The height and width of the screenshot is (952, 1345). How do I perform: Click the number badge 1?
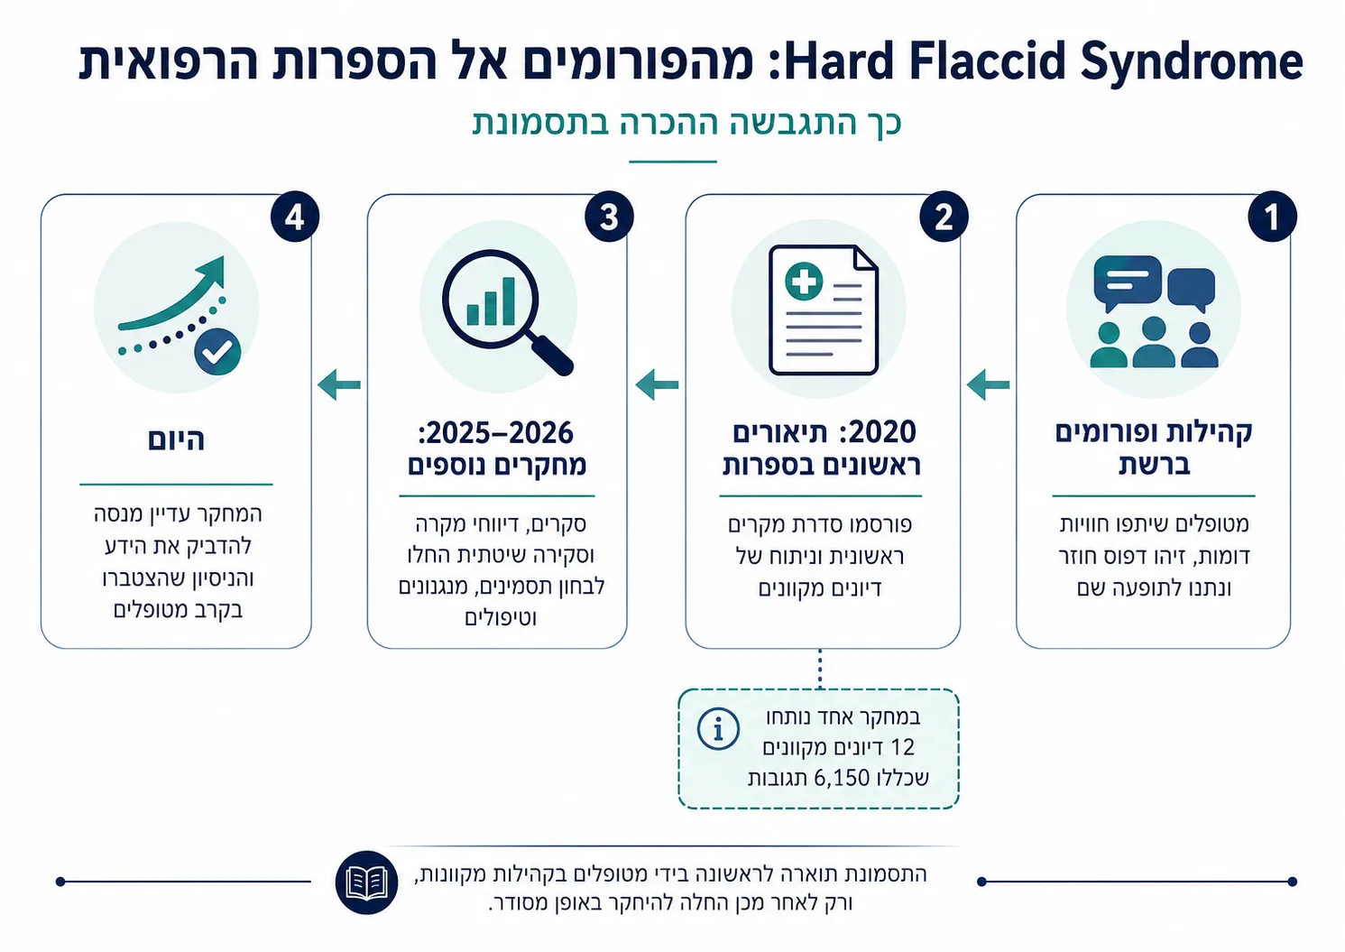[x=1272, y=217]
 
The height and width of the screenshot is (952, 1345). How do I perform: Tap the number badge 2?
[x=944, y=217]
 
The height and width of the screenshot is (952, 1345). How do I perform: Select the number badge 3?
[x=609, y=217]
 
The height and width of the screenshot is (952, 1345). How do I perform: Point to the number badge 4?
[x=294, y=217]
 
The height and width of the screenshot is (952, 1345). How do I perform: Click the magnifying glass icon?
[x=507, y=311]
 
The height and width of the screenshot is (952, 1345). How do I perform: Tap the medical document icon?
[x=824, y=310]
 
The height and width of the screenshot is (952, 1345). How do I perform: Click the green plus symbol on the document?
[x=804, y=282]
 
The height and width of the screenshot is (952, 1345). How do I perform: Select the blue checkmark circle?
[x=217, y=352]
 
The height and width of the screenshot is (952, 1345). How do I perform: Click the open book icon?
[x=366, y=883]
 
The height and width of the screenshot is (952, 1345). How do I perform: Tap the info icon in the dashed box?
[x=718, y=728]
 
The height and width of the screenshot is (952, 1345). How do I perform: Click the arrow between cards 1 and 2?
[x=989, y=384]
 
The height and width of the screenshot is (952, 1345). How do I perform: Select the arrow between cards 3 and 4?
[x=339, y=384]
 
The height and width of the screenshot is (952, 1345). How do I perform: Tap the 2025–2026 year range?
[x=496, y=433]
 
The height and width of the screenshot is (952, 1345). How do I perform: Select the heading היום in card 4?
[x=176, y=439]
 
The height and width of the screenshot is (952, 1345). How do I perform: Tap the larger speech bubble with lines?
[x=1128, y=282]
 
